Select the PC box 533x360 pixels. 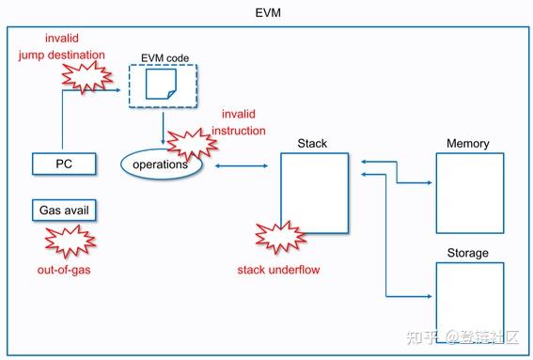64,164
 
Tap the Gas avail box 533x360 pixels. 64,209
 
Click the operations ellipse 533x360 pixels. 163,164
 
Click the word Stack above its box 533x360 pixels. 312,144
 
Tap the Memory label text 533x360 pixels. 468,144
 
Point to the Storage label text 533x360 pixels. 468,253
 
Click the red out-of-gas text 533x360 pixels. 62,271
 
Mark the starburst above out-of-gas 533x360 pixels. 64,242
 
